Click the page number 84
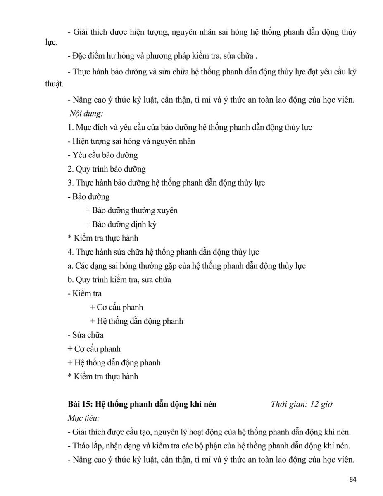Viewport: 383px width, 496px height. [352, 479]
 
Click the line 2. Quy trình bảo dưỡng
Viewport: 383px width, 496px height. [106, 169]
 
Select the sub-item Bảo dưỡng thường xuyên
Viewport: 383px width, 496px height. [131, 210]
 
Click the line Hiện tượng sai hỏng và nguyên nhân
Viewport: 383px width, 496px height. [131, 141]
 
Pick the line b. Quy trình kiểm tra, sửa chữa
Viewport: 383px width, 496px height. [119, 280]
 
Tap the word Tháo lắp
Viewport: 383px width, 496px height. [87, 446]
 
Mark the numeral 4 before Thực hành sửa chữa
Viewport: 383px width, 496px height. [70, 252]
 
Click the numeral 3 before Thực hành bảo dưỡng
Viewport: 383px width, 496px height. [70, 183]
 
